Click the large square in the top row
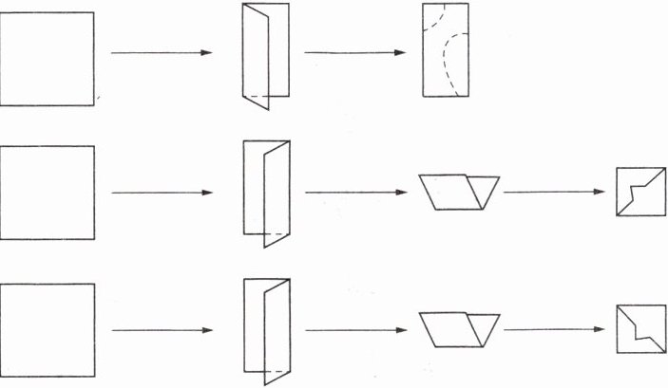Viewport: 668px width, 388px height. tap(47, 57)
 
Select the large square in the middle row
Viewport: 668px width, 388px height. tap(47, 193)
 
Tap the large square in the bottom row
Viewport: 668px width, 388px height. tap(47, 329)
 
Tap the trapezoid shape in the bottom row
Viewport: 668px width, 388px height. tap(459, 328)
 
